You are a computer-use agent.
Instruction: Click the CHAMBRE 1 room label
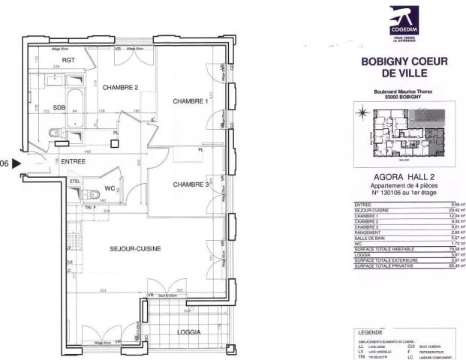click(190, 101)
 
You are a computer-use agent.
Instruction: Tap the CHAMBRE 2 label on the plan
click(120, 87)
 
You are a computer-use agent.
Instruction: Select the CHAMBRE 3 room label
click(190, 184)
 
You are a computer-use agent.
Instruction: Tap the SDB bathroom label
click(59, 106)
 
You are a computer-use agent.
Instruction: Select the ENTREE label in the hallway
click(74, 161)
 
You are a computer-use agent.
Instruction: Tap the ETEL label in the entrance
click(74, 181)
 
